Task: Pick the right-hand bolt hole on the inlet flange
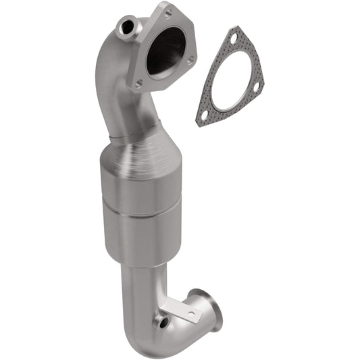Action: click(190, 61)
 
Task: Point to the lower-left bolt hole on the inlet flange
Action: click(138, 84)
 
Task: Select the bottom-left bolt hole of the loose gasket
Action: click(203, 116)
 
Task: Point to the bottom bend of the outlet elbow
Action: click(145, 338)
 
